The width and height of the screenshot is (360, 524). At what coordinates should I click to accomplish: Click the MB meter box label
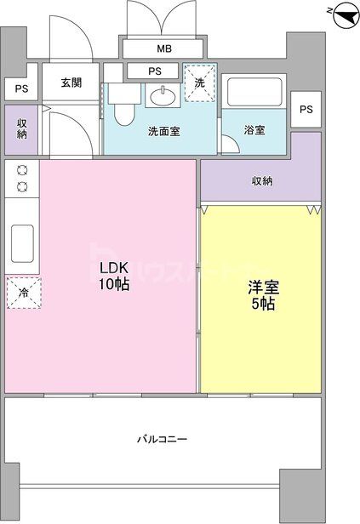click(x=163, y=48)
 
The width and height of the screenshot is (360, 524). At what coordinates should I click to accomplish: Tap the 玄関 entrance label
click(x=71, y=83)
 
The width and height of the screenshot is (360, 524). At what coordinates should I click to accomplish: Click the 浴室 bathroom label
click(x=254, y=130)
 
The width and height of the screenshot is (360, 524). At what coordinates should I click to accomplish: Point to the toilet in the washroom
click(x=123, y=105)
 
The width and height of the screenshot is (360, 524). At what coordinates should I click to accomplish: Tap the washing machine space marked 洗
click(x=200, y=83)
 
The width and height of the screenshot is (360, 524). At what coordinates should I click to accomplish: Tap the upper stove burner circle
click(x=22, y=170)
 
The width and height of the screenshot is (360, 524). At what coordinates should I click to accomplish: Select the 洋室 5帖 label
click(x=260, y=294)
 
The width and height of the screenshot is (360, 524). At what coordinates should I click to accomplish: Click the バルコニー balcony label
click(x=163, y=439)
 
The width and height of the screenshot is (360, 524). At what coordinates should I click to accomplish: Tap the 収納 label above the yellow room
click(x=261, y=180)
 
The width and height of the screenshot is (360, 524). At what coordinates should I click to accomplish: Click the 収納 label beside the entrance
click(x=21, y=128)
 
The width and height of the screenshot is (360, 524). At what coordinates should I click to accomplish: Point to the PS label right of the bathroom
click(x=306, y=109)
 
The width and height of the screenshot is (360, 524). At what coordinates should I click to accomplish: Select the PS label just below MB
click(x=156, y=71)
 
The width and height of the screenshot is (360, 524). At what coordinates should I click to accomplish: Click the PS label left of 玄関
click(x=19, y=88)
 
